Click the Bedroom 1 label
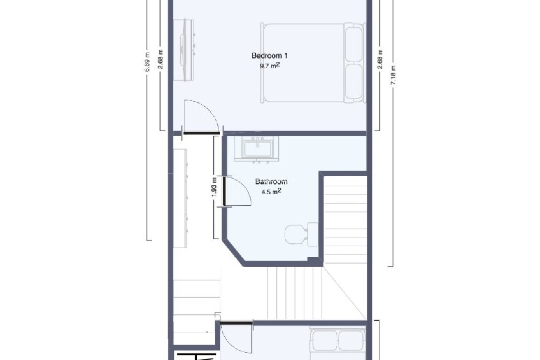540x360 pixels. (269, 56)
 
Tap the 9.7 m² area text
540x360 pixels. (269, 66)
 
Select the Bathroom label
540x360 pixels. (271, 182)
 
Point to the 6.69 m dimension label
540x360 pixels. (147, 62)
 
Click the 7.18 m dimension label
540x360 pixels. (393, 75)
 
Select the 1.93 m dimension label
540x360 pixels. (214, 187)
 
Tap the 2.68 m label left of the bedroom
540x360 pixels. (160, 59)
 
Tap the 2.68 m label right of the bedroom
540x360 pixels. (380, 59)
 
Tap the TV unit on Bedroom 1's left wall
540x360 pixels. (184, 50)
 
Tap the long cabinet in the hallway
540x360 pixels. (180, 199)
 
